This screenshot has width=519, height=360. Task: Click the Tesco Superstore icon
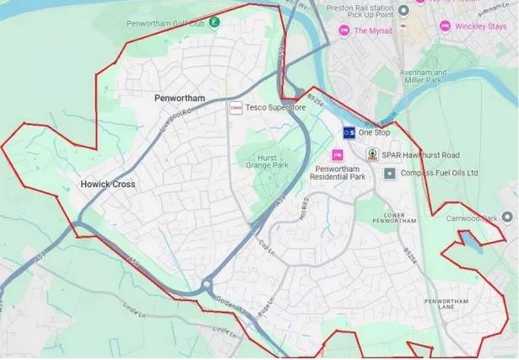click(x=236, y=108)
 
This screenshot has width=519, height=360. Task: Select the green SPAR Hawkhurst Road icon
click(x=371, y=154)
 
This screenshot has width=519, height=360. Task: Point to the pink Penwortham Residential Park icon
click(x=338, y=155)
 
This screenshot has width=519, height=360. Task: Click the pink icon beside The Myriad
click(x=343, y=31)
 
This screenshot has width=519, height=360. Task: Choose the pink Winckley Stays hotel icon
click(x=445, y=26)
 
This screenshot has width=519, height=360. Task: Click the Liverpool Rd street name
click(x=178, y=114)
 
